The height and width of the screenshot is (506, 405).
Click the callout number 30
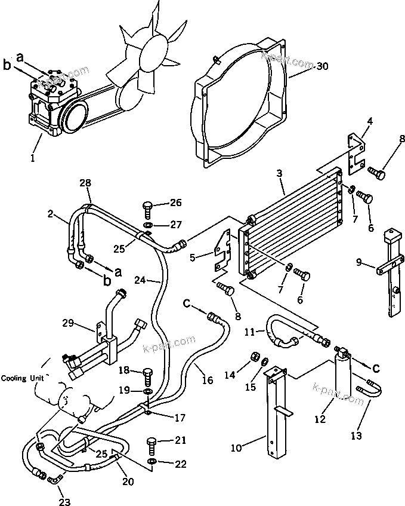(x=322, y=66)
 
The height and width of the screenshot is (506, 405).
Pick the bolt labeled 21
(x=152, y=446)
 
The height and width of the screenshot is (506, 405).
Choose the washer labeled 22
(x=152, y=462)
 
